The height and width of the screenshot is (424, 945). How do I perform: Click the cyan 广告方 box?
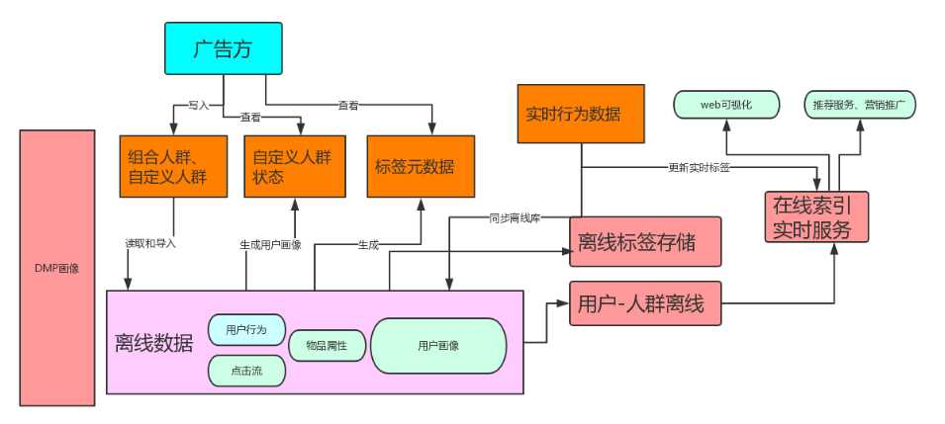(x=222, y=48)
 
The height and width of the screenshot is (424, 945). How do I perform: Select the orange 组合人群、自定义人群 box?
(x=173, y=166)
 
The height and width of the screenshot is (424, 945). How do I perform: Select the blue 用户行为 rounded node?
(x=246, y=329)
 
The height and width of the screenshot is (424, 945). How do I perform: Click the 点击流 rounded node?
(x=246, y=370)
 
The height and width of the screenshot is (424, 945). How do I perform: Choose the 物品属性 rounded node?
(x=328, y=346)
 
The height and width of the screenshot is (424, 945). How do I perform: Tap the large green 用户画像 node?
(x=437, y=346)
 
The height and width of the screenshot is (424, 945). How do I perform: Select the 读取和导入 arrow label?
(x=150, y=243)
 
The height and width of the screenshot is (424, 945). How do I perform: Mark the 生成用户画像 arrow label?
(x=270, y=243)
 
